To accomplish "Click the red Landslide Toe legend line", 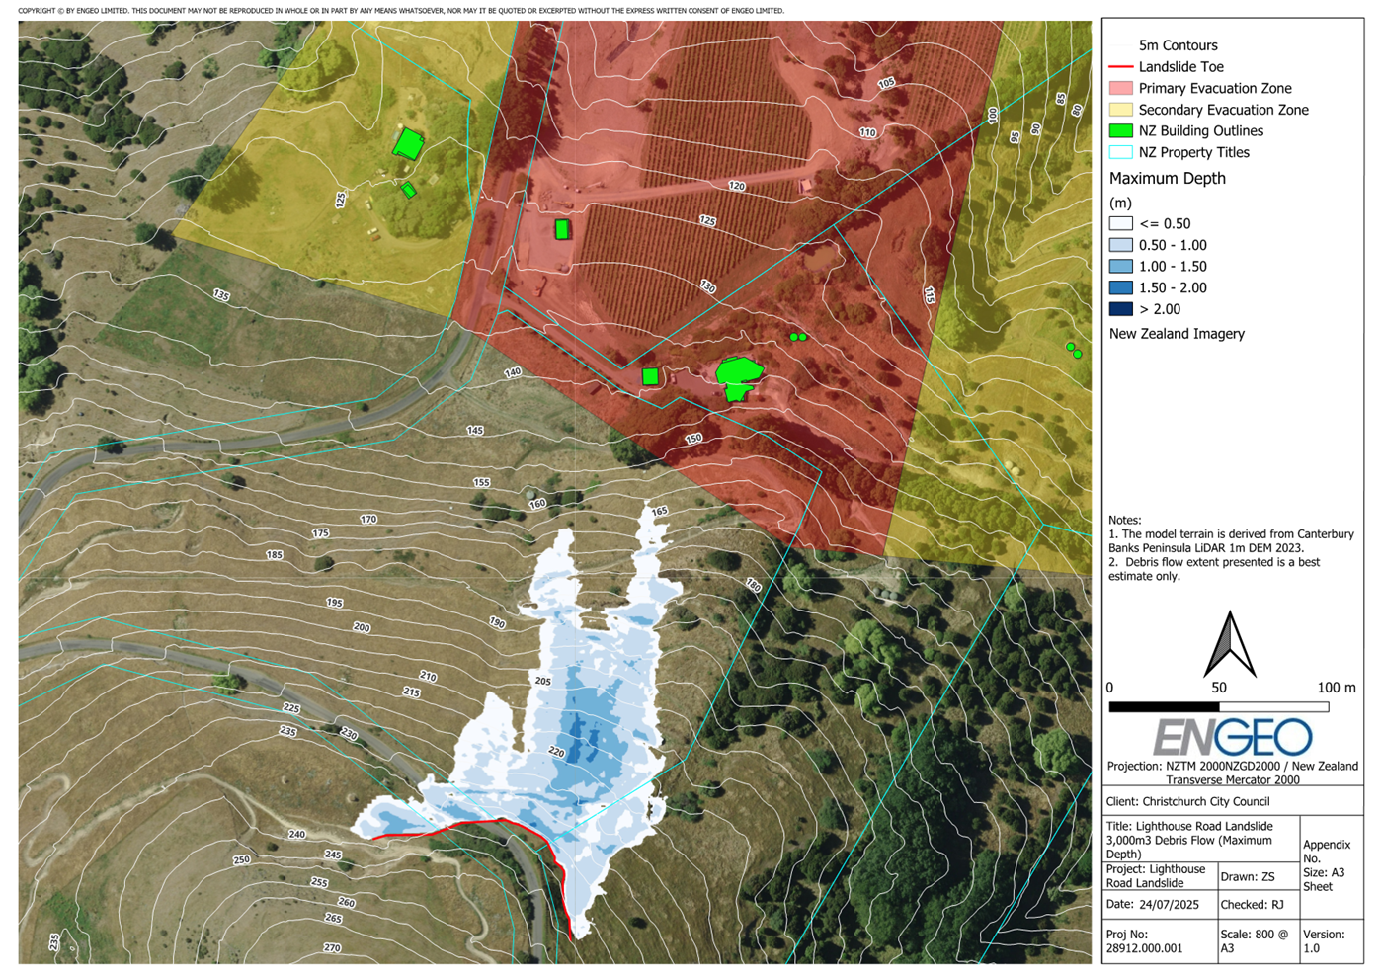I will coord(1120,67).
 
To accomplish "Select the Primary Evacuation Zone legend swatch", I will coord(1120,89).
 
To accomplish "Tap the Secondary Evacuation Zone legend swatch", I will coord(1120,110).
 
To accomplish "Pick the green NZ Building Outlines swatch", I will coord(1120,131).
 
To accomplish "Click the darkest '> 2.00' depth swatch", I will coord(1120,309).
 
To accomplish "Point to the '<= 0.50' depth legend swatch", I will coord(1120,224).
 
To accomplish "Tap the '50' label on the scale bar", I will coord(1219,688).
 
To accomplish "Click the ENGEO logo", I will coord(1232,737).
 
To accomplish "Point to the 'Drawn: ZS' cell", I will coord(1248,877).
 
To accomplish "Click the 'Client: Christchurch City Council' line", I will coord(1188,802).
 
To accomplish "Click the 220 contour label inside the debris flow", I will coord(556,753).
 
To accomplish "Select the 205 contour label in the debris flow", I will coord(542,682).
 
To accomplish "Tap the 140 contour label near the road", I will coord(512,373).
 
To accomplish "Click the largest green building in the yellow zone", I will coord(407,144).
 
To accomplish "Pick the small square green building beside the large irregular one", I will coord(650,376).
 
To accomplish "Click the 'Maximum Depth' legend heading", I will coord(1167,179).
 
